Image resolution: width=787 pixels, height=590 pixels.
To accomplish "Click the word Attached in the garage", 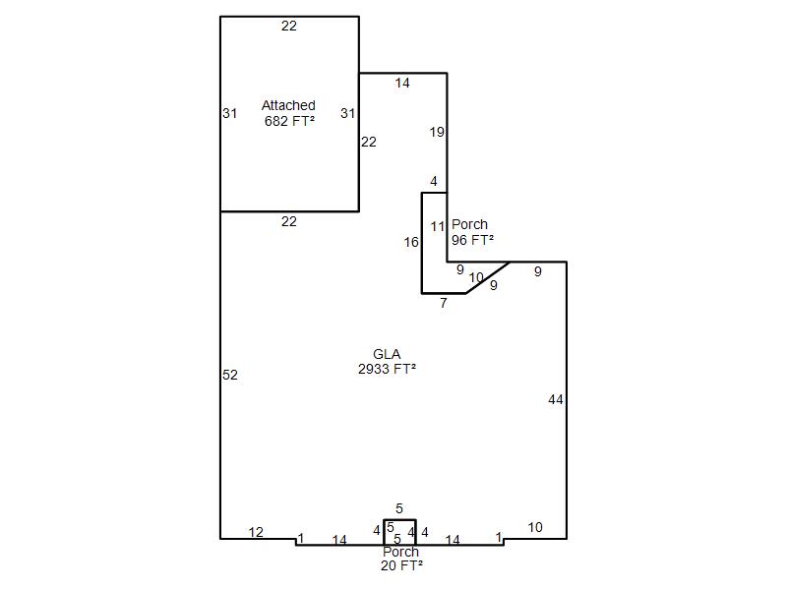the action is click(x=288, y=105).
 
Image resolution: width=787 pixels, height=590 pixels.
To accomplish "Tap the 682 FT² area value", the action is click(x=289, y=121).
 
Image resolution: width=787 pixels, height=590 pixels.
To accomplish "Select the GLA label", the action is click(x=387, y=354).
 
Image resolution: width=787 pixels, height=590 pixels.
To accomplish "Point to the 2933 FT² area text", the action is click(x=387, y=369).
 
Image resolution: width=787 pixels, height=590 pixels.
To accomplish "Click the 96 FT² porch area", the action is click(x=472, y=240).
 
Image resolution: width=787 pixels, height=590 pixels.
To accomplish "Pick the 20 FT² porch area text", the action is click(x=401, y=565).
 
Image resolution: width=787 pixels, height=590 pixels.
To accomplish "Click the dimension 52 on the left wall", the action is click(x=230, y=375).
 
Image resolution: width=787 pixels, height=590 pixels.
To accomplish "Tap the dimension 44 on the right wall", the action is click(x=556, y=400).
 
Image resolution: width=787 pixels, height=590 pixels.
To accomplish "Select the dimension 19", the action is click(x=437, y=132).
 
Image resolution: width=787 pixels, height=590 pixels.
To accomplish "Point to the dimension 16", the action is click(x=411, y=242).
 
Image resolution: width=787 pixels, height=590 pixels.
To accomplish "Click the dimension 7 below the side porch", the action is click(x=444, y=303).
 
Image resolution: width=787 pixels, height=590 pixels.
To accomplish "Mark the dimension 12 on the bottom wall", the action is click(x=256, y=532).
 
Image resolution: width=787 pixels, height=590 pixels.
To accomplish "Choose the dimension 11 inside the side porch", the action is click(x=438, y=227).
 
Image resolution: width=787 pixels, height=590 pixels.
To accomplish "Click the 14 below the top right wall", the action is click(x=402, y=83).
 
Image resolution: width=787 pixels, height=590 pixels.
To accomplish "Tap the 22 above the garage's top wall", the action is click(x=288, y=27).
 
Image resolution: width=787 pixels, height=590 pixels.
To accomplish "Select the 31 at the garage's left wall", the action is click(x=229, y=113).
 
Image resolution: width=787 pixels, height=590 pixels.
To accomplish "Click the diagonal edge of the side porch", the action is click(x=488, y=277).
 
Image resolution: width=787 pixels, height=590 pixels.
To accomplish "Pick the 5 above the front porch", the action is click(x=399, y=508).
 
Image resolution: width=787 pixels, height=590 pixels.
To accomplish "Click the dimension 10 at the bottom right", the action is click(x=535, y=527).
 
